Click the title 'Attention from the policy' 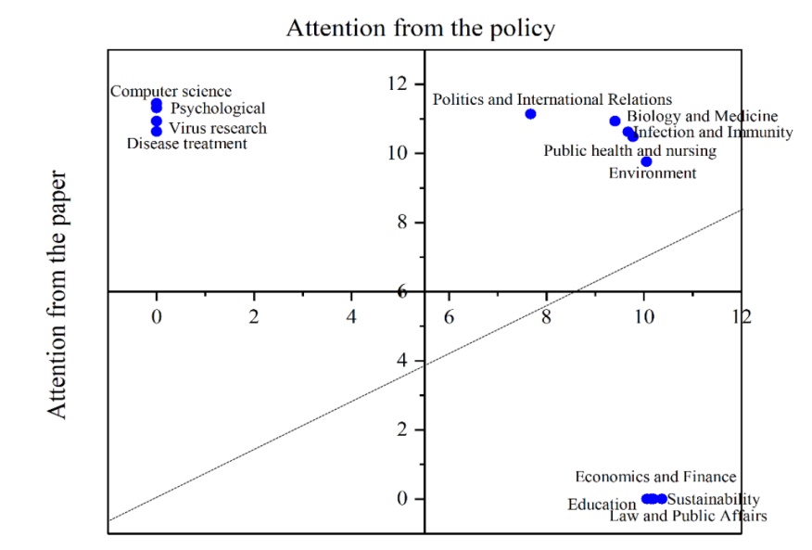420,28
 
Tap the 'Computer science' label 171,91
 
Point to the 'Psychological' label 219,109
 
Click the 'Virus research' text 218,128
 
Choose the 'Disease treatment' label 187,143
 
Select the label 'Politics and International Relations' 552,99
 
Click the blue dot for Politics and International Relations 530,114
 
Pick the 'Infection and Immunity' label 714,133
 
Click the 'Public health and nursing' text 629,150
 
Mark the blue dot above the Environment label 646,161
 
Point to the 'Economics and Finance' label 655,477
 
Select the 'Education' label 602,505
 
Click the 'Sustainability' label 714,500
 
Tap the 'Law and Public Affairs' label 688,516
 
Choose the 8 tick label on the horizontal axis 546,315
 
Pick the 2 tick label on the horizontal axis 254,315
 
